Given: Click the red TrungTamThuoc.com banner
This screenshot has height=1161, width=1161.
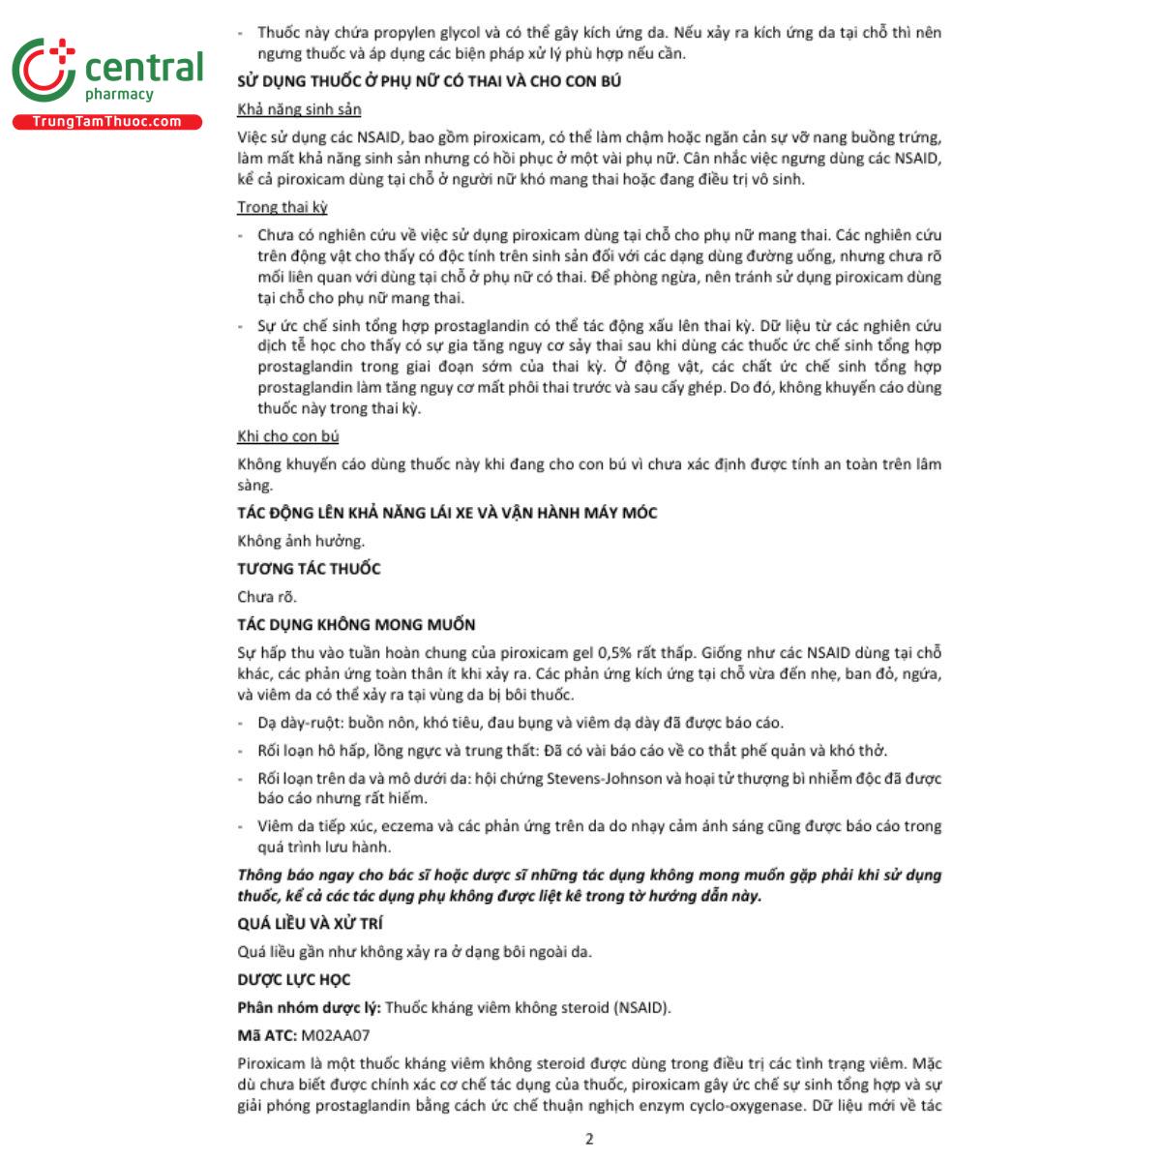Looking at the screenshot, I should click(x=106, y=122).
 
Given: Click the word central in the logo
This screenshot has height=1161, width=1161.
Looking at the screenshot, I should click(x=144, y=68).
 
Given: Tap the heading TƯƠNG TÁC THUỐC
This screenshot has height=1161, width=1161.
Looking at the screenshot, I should click(x=309, y=569).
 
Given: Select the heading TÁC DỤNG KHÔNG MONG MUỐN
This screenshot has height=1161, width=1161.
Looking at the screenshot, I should click(x=356, y=625).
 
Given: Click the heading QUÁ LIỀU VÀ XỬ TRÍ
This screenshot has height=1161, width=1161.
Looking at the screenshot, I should click(x=310, y=924).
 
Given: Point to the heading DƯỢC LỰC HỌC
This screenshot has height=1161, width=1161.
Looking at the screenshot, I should click(x=293, y=980).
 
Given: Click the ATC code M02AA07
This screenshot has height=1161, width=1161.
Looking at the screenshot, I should click(x=336, y=1035).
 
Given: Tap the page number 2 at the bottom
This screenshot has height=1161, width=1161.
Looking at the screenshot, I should click(x=589, y=1139).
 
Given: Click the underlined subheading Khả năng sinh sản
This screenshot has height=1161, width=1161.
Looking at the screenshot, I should click(x=299, y=109).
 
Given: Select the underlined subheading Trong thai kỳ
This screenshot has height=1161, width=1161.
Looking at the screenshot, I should click(x=283, y=207).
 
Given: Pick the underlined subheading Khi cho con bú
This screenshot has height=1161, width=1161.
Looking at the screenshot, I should click(x=287, y=436).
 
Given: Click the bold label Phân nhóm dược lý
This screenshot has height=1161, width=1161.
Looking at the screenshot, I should click(x=308, y=1008).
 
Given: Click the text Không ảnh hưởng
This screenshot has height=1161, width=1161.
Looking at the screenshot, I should click(x=301, y=541).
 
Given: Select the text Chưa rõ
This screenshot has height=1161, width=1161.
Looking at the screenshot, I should click(x=267, y=597).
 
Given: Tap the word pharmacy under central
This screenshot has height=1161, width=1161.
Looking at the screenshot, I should click(x=119, y=95).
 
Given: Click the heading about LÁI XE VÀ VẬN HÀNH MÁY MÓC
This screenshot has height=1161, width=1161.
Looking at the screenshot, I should click(x=447, y=513).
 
